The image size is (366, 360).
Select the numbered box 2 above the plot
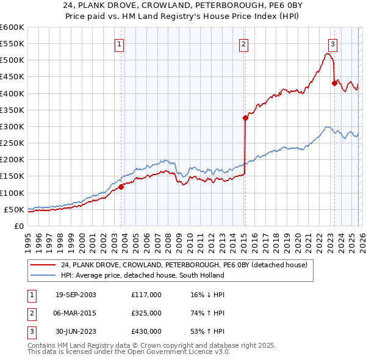click(243, 44)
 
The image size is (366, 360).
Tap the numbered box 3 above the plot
click(332, 44)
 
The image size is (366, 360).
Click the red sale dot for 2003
click(121, 187)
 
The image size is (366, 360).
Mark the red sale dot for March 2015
click(245, 118)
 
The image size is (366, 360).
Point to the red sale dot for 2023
click(334, 84)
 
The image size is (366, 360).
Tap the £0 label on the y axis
click(18, 226)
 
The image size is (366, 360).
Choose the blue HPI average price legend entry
click(142, 275)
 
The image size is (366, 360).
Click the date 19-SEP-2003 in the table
click(76, 295)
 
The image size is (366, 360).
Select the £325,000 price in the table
click(146, 313)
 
